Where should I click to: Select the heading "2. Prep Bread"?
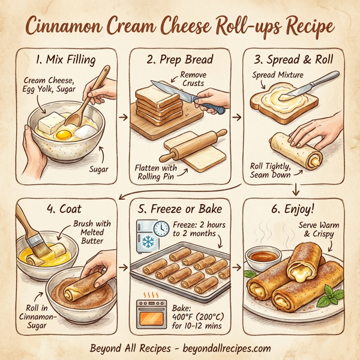181,60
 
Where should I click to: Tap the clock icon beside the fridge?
161,228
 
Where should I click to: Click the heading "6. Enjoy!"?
296,209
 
